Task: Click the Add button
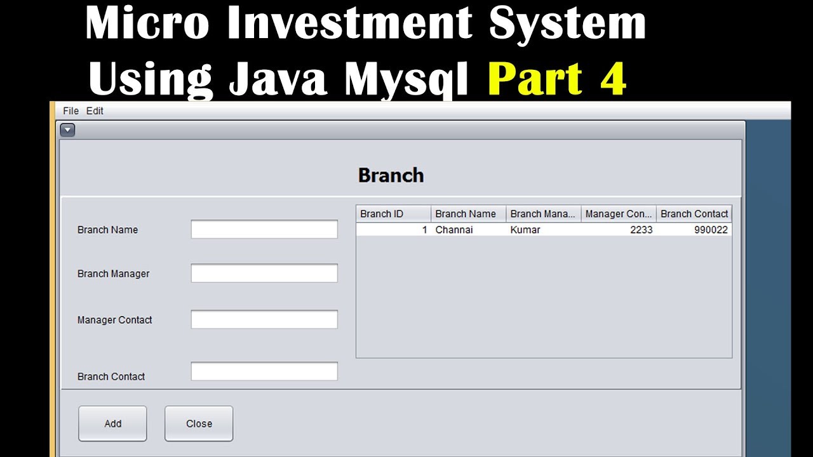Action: coord(112,423)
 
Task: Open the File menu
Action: coord(71,110)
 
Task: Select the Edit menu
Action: coord(95,110)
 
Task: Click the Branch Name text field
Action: coord(264,229)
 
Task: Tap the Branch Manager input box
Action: coord(264,273)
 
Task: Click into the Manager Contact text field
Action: coord(264,319)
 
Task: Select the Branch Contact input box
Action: coord(264,371)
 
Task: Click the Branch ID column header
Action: coord(393,214)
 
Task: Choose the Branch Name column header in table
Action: coord(469,214)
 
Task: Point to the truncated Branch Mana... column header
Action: coord(544,214)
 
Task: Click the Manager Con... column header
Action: coord(619,214)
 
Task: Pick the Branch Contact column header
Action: coord(694,214)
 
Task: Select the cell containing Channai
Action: coord(469,230)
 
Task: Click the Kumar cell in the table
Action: coord(544,230)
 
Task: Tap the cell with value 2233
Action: coord(619,230)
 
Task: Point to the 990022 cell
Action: coord(694,230)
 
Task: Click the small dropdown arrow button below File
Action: coord(67,130)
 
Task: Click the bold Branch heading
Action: coord(391,176)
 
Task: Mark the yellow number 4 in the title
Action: coord(613,79)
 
